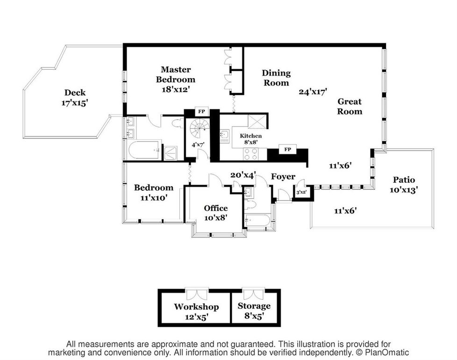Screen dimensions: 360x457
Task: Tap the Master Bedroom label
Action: tap(176, 79)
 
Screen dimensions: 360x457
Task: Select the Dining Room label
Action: tap(276, 78)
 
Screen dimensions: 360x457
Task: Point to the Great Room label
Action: tap(350, 106)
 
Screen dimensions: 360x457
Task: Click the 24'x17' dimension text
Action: tap(313, 92)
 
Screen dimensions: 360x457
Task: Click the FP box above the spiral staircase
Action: tap(202, 112)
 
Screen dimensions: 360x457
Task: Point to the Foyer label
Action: tap(283, 177)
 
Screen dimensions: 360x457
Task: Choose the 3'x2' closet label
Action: tap(300, 192)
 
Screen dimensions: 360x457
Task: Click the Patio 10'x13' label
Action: tap(404, 185)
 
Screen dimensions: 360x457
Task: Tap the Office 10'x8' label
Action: tap(215, 213)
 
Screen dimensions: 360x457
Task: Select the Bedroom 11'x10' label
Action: tap(154, 192)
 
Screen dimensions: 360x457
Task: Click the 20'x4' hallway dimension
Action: tap(243, 174)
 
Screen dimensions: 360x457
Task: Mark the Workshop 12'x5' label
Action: tap(196, 311)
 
